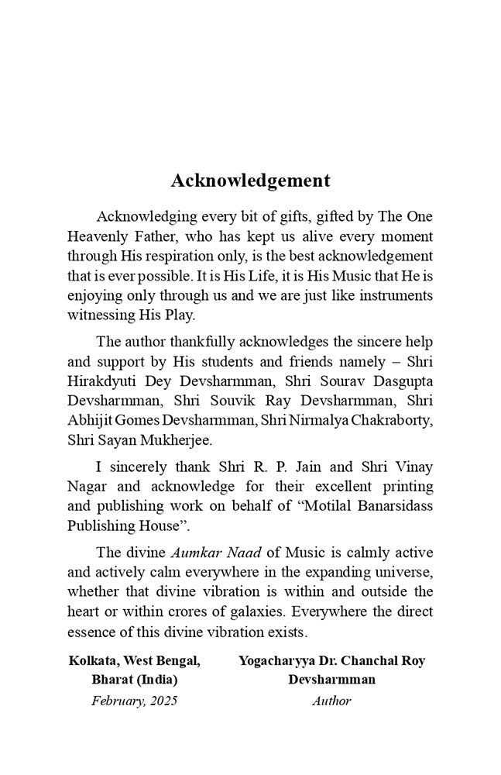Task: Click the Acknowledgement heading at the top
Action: pos(250,181)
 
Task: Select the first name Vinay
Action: pos(413,467)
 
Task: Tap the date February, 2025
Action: pos(134,701)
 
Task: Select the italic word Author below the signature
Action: pos(331,701)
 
